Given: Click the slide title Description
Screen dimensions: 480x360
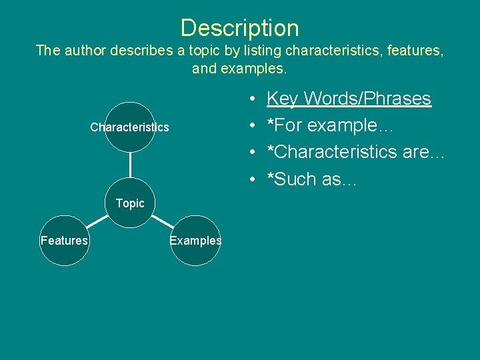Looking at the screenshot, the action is (240, 28).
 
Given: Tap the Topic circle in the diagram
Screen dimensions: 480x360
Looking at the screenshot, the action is (130, 203).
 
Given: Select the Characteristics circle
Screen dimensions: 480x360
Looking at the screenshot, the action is (130, 127).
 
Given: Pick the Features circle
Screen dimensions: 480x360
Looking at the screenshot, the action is (64, 240).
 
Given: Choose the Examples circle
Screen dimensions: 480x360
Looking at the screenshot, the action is (195, 240).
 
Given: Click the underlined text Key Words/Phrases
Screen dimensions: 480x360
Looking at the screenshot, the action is (349, 99).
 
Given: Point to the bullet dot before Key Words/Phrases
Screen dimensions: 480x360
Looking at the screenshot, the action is (256, 99).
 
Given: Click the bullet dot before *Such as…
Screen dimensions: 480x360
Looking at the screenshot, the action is (256, 179).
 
